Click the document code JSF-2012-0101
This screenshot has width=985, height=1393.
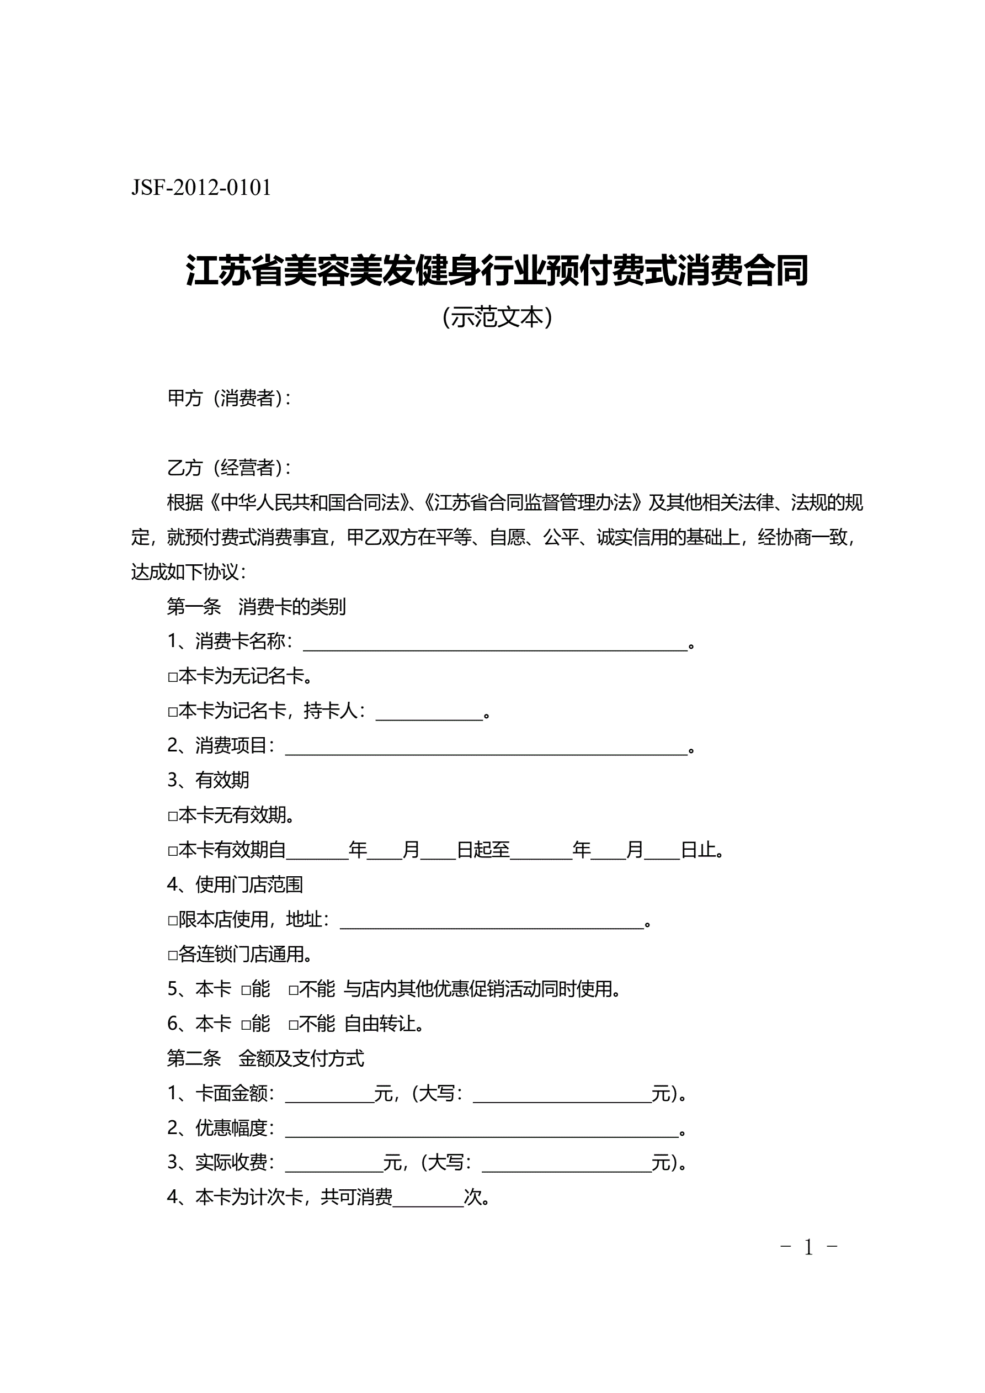pos(201,188)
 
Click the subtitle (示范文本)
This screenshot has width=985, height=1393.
pos(497,317)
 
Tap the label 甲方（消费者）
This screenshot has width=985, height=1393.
pos(228,398)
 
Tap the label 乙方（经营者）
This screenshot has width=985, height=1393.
pos(228,467)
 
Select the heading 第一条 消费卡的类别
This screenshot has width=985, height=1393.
pos(256,607)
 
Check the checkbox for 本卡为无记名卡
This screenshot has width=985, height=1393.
pos(172,677)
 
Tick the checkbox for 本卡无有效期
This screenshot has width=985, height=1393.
pos(172,817)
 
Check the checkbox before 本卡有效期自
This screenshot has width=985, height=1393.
pos(172,851)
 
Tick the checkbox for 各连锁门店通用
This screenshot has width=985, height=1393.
pos(172,956)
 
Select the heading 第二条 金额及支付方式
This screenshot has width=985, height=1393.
pos(265,1059)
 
